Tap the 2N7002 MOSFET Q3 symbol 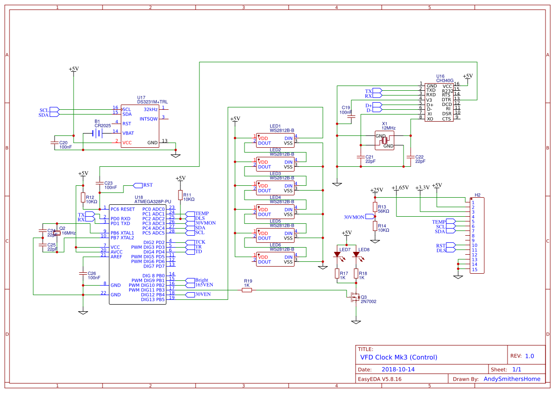(x=354, y=297)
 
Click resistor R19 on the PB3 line (x=247, y=290)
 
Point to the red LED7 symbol (x=338, y=255)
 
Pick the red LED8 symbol (x=356, y=255)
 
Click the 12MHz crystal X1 (x=385, y=140)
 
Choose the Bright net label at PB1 (x=201, y=280)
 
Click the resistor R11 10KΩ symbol (x=180, y=195)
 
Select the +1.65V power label (x=400, y=188)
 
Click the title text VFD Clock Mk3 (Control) (x=399, y=357)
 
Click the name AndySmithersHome (x=512, y=379)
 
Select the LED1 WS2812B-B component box (x=275, y=138)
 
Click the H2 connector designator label (x=478, y=195)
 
